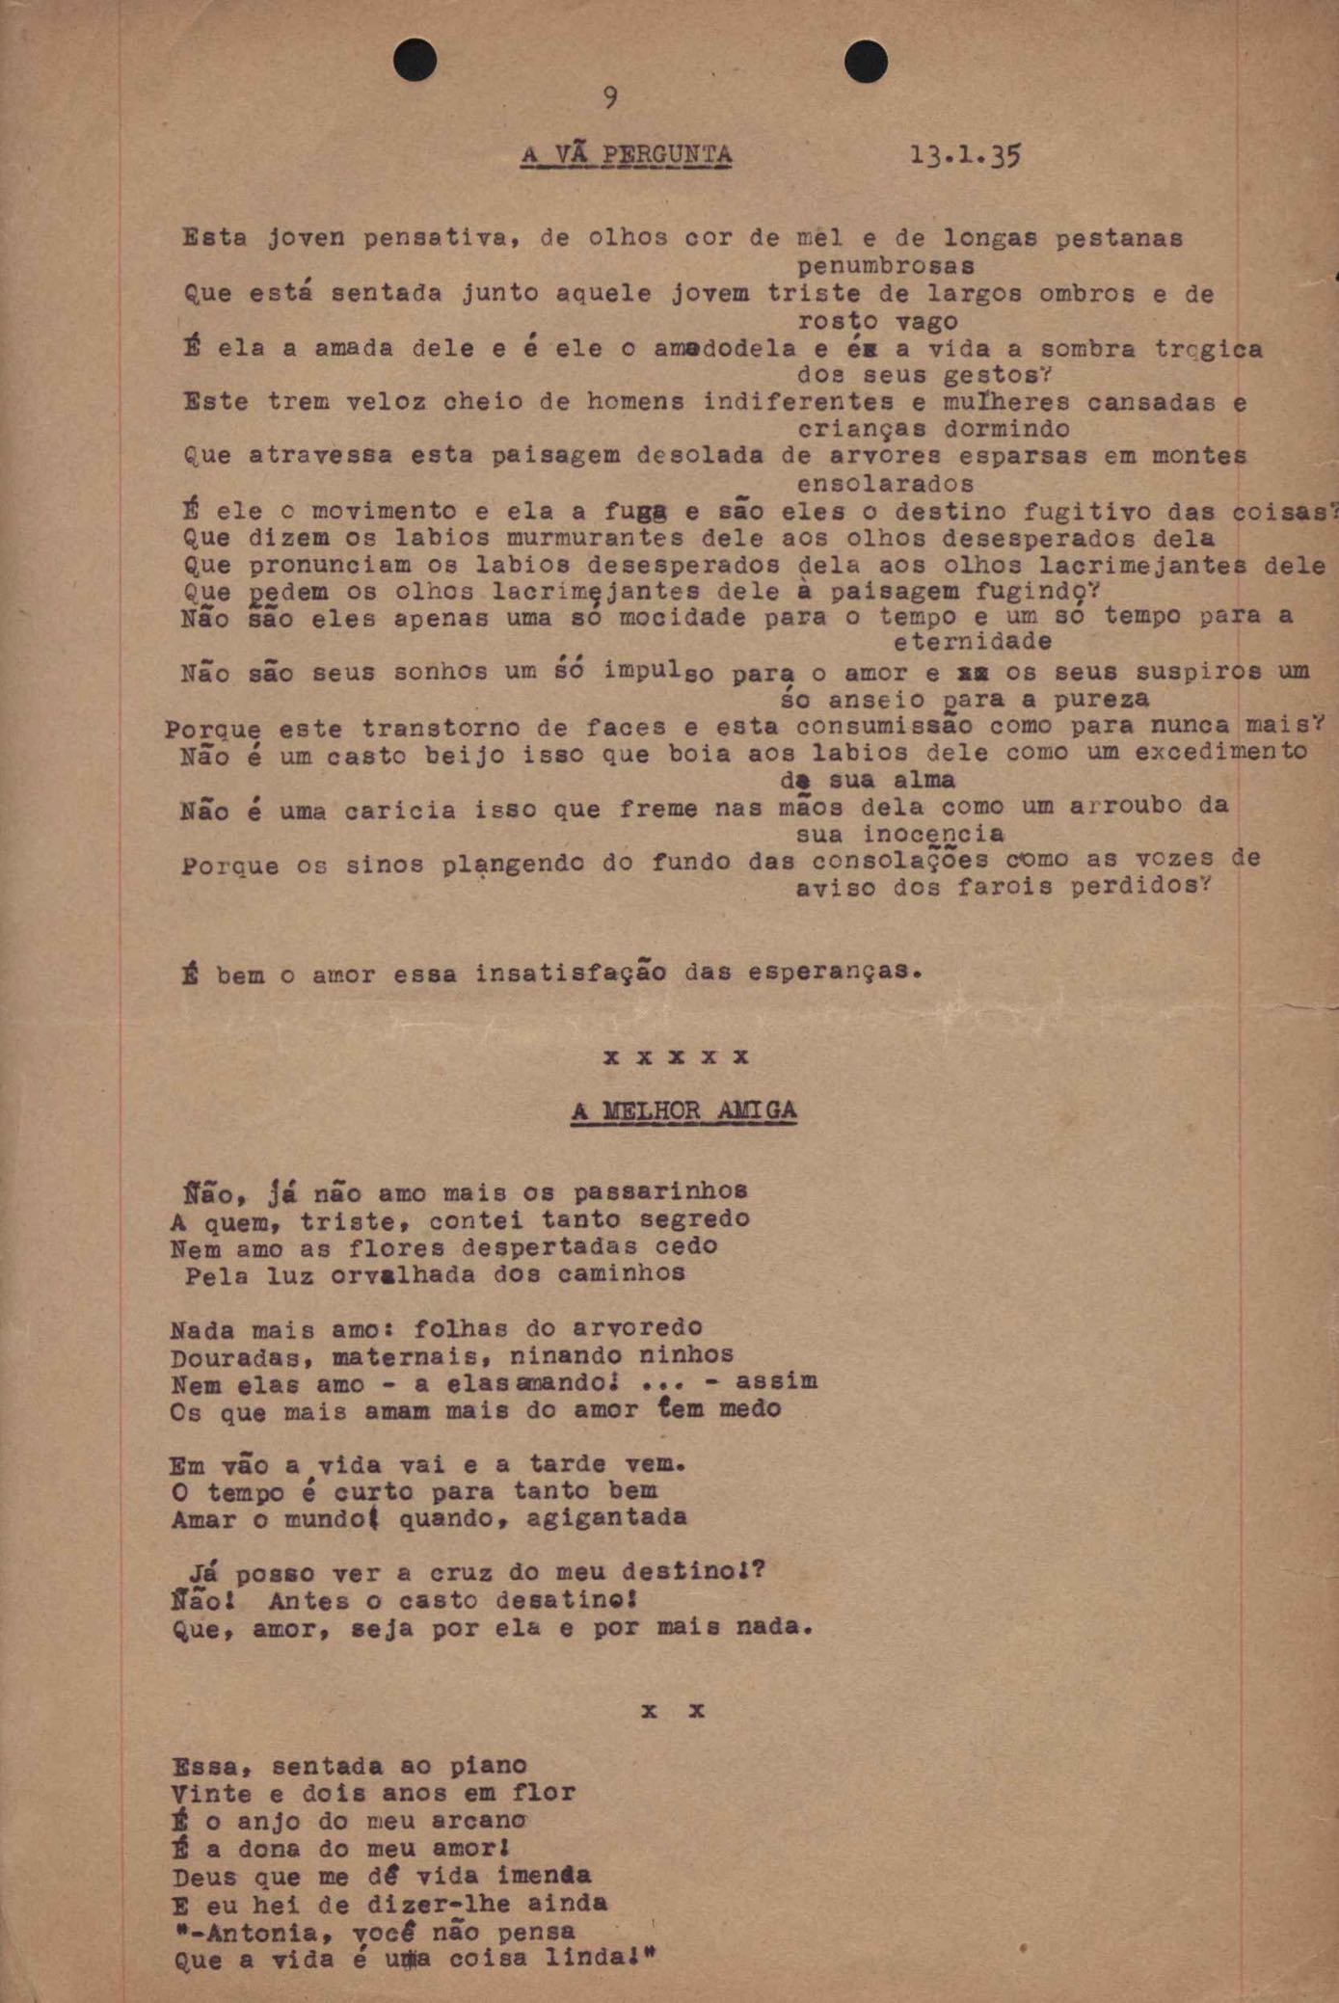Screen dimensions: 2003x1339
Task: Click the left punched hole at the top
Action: pos(415,61)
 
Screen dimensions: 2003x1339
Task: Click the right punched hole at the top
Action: pos(865,63)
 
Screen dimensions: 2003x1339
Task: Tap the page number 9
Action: pos(610,97)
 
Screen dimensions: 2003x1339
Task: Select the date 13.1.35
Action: pos(965,155)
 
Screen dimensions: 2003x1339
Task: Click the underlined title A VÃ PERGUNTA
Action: pos(627,154)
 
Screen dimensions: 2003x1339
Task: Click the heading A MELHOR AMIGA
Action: pos(684,1111)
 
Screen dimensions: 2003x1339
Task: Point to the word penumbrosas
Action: pos(885,265)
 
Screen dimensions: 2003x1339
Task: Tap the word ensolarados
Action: pos(885,483)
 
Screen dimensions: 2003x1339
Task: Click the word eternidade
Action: pos(973,642)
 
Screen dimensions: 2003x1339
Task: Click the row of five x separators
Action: pos(676,1056)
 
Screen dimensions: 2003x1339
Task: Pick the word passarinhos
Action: pos(660,1192)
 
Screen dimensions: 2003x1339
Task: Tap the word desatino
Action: pos(560,1601)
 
